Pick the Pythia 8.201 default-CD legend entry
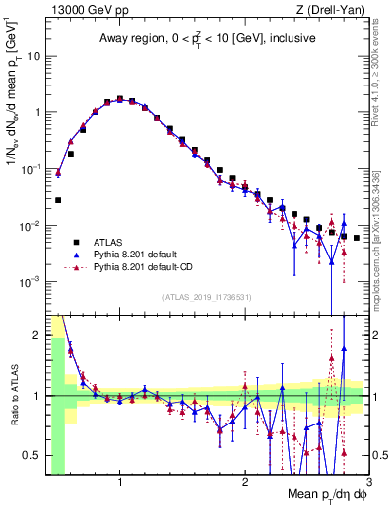coord(141,267)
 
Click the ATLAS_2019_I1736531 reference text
coord(207,298)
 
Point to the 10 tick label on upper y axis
coord(33,56)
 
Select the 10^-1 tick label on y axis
coord(31,169)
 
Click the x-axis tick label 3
coord(368,483)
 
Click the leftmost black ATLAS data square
coord(58,200)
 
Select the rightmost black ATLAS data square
coord(357,238)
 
